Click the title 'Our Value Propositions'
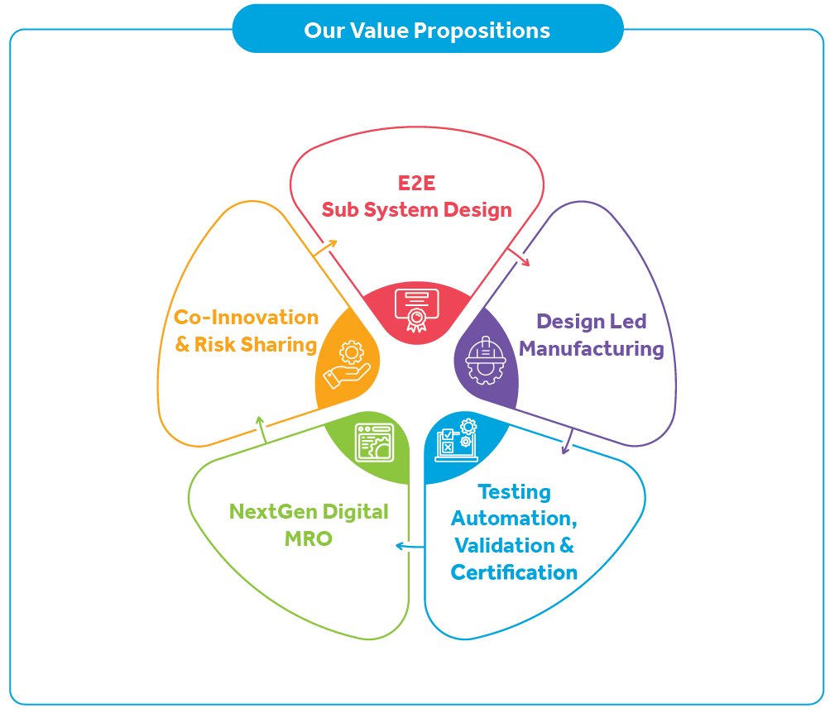(x=427, y=31)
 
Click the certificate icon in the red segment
(x=415, y=309)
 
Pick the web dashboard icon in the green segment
(x=374, y=442)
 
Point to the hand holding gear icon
(x=346, y=366)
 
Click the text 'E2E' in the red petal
(x=416, y=183)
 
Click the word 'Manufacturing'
(x=592, y=349)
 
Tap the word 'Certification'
(x=514, y=572)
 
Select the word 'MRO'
(x=309, y=539)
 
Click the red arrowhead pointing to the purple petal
(x=523, y=261)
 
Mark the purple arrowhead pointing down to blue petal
(x=565, y=448)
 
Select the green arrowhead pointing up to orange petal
(x=260, y=420)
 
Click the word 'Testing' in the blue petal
(x=514, y=492)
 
